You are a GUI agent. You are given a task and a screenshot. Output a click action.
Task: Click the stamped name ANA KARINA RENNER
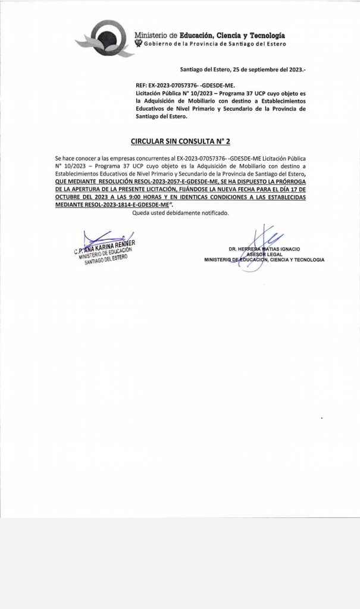(109, 244)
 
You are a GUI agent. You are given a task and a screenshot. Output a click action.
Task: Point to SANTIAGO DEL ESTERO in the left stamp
(107, 257)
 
